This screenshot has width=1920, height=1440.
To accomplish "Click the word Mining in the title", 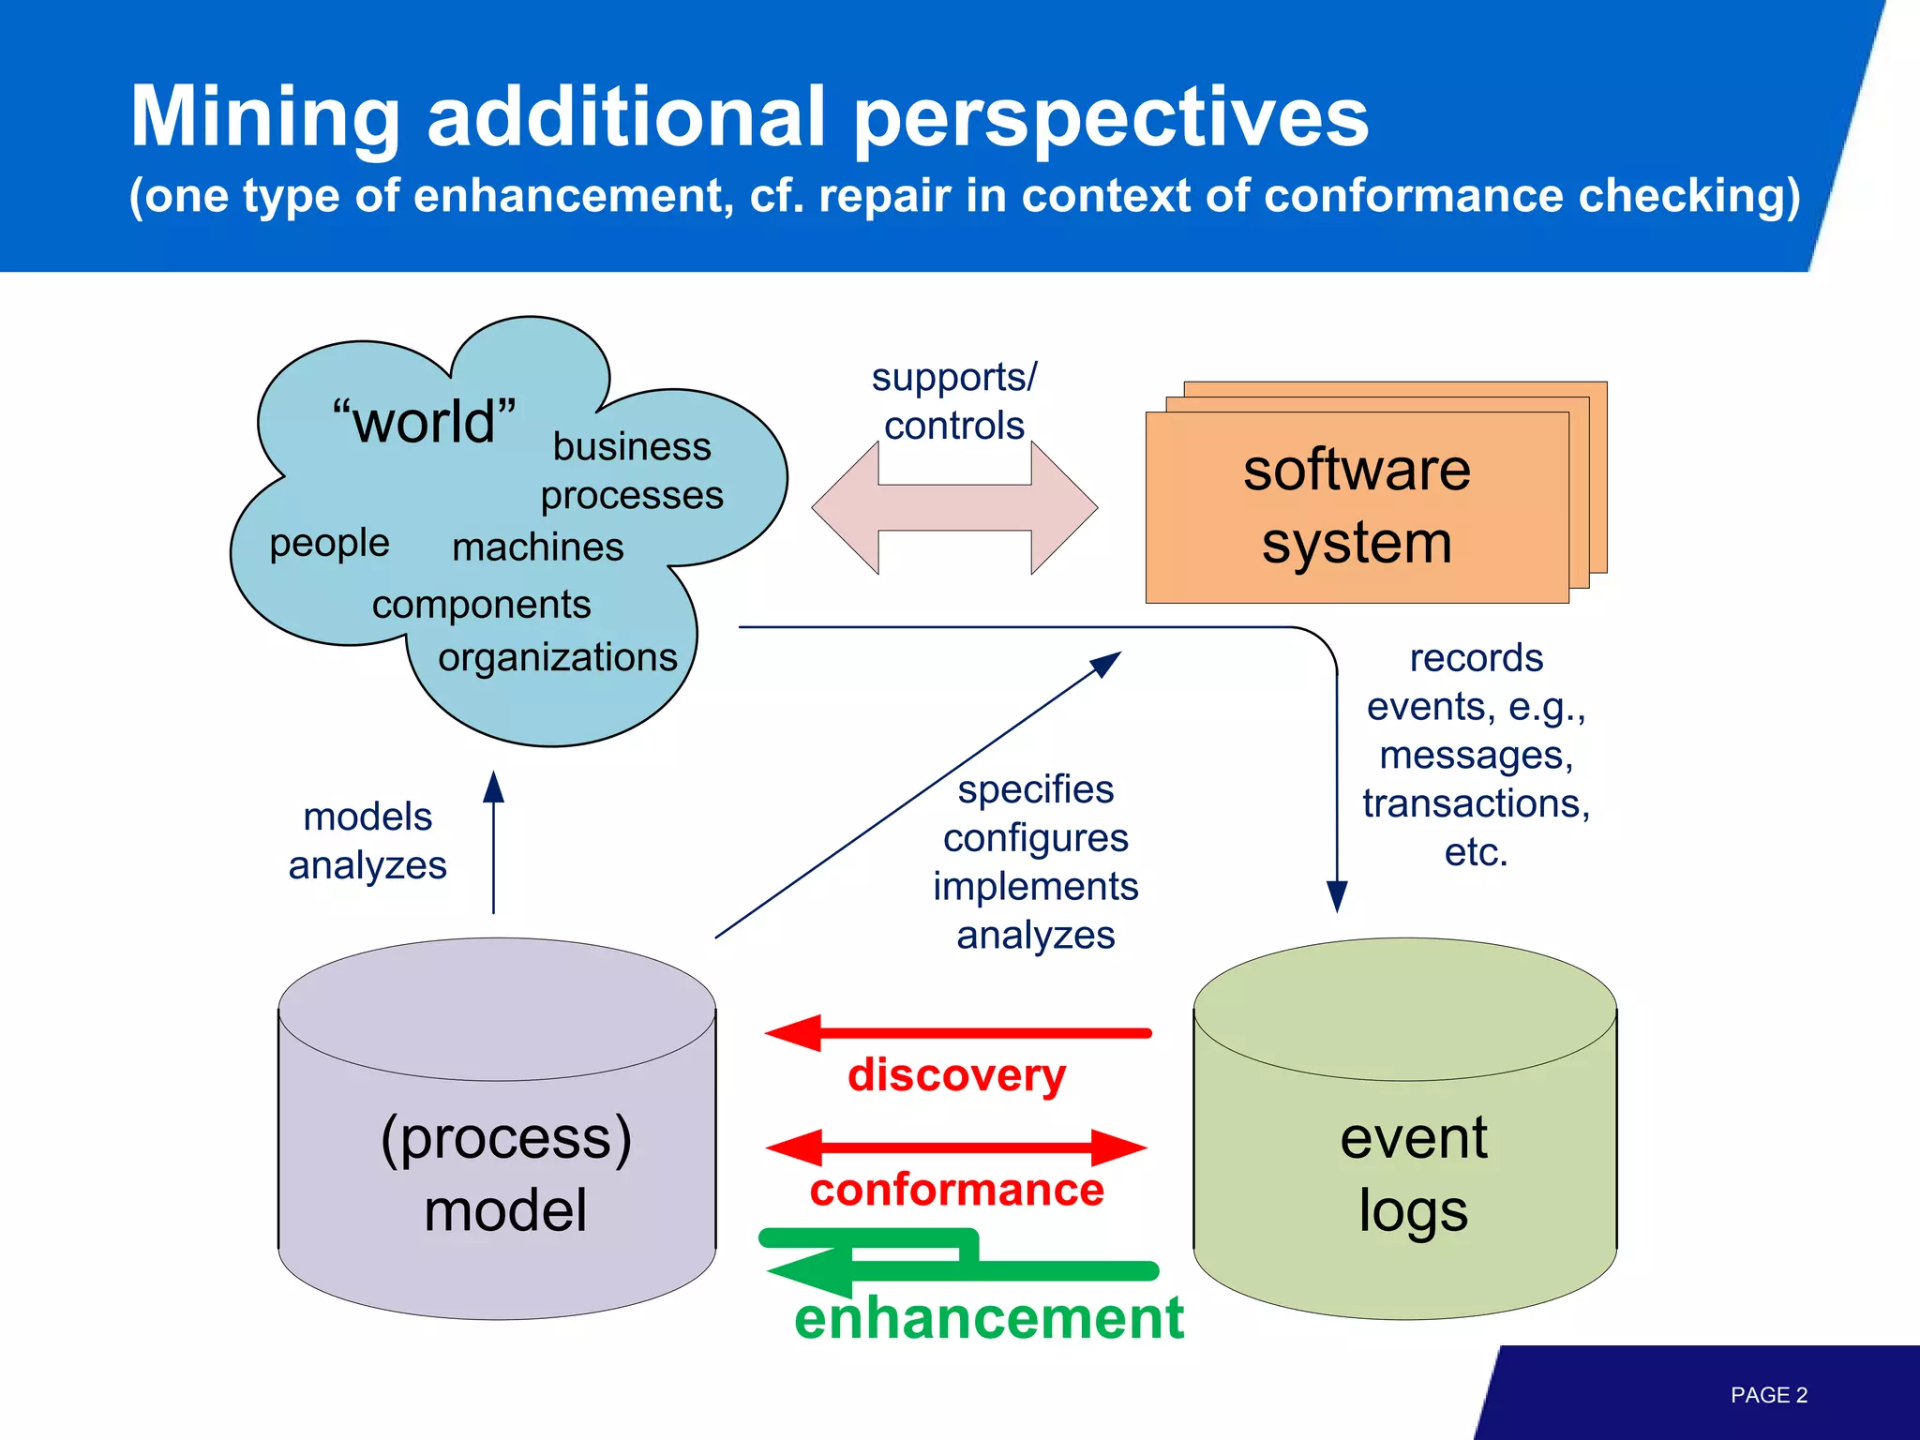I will [x=265, y=117].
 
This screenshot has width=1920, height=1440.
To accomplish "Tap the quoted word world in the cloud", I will [x=424, y=421].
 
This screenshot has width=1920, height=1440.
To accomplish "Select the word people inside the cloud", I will [x=329, y=543].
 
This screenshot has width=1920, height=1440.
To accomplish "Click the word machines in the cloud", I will [x=537, y=547].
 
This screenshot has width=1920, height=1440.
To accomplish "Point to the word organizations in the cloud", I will [x=557, y=657].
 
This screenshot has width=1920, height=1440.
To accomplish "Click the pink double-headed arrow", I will [x=954, y=508].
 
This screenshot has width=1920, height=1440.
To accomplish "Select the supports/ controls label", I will [x=954, y=401].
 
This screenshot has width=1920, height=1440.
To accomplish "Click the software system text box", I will [x=1357, y=506].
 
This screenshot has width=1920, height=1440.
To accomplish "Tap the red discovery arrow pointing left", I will [x=956, y=1033].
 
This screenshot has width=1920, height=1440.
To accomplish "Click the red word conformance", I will [x=956, y=1190].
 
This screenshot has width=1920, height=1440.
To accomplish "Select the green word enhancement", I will [x=988, y=1317].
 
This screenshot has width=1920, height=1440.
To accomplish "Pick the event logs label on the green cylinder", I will [x=1413, y=1174].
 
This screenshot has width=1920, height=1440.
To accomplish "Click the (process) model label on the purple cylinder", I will [x=505, y=1174].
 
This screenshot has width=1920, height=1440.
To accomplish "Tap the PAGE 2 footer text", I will [x=1768, y=1395].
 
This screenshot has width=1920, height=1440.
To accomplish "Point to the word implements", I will [x=1035, y=886].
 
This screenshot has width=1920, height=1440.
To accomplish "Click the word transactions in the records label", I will [x=1476, y=803].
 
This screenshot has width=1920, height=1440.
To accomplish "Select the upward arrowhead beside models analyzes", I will [x=493, y=787].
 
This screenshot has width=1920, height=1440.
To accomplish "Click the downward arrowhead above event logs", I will [x=1337, y=896].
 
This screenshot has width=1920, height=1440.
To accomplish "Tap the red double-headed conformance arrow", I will [x=956, y=1147].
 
